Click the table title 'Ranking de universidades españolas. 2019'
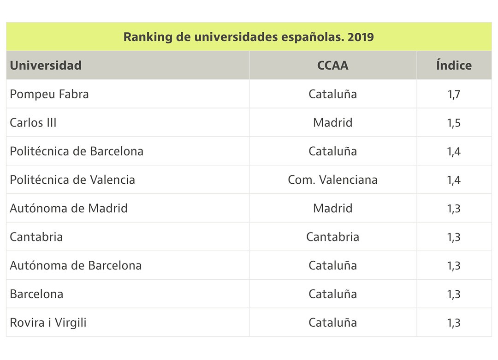click(x=249, y=37)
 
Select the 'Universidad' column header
click(x=46, y=65)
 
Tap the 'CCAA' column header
click(x=332, y=65)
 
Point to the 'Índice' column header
click(x=454, y=65)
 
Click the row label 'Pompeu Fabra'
click(x=49, y=94)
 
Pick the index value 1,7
click(x=454, y=94)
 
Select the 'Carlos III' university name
click(x=33, y=123)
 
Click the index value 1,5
click(x=454, y=123)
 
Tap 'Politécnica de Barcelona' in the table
click(x=77, y=151)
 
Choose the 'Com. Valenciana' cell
click(x=332, y=180)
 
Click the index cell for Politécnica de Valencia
click(x=454, y=180)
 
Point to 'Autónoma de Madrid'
click(x=69, y=209)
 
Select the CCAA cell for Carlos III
click(x=332, y=123)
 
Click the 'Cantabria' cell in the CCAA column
click(x=332, y=237)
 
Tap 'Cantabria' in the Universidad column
click(x=36, y=237)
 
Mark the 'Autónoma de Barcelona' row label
click(x=76, y=266)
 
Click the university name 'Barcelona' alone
click(x=36, y=294)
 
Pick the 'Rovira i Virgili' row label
click(x=48, y=323)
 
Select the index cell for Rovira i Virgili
click(x=454, y=323)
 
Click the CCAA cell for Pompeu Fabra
click(x=332, y=94)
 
